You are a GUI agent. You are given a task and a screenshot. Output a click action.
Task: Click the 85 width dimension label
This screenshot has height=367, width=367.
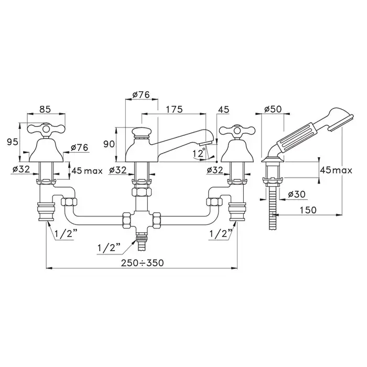click(45, 109)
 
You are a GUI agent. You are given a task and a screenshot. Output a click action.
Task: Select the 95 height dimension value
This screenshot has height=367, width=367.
click(13, 142)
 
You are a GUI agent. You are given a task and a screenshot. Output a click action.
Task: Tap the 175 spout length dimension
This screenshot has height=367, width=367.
click(174, 109)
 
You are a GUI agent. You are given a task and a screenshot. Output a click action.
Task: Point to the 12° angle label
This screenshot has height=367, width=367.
click(199, 153)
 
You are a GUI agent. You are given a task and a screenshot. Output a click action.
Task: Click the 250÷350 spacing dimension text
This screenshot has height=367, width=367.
click(142, 263)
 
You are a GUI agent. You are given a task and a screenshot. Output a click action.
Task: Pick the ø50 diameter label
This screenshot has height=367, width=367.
click(273, 109)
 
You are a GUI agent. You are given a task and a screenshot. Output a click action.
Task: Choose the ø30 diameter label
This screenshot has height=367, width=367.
click(297, 195)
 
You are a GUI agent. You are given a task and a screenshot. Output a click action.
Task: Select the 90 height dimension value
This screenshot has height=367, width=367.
click(109, 144)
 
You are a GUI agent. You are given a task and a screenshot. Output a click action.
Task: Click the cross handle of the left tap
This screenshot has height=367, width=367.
click(46, 128)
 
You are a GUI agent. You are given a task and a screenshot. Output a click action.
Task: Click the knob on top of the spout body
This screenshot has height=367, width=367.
click(141, 133)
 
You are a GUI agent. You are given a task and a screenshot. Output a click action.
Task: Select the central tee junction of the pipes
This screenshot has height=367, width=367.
click(142, 220)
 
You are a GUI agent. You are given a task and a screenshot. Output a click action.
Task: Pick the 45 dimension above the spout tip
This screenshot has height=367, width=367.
click(223, 110)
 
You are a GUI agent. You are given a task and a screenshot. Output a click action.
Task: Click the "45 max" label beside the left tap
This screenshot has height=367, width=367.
click(87, 171)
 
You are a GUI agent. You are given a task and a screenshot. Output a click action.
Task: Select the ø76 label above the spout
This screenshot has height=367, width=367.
click(141, 95)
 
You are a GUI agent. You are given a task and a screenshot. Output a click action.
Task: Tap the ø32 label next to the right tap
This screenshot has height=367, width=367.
click(215, 170)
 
